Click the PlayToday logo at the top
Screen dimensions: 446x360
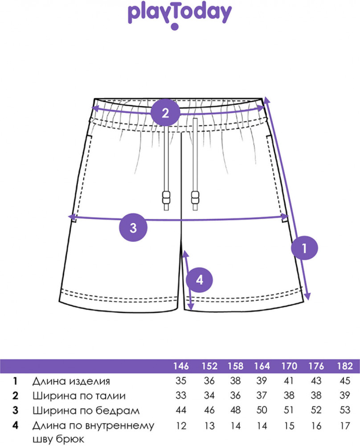pos(180,15)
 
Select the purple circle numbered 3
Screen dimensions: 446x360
pos(133,227)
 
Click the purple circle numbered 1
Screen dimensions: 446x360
pos(305,248)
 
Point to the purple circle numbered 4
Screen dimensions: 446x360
pos(199,280)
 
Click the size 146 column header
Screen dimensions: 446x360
pos(181,367)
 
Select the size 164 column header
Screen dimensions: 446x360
pos(262,367)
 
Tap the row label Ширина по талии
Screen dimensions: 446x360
pos(79,396)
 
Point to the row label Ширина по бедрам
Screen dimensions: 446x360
pos(86,410)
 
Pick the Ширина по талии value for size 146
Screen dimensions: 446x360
pos(181,396)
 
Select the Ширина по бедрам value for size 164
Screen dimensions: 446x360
pos(262,410)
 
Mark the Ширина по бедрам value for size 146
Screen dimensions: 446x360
pos(181,410)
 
